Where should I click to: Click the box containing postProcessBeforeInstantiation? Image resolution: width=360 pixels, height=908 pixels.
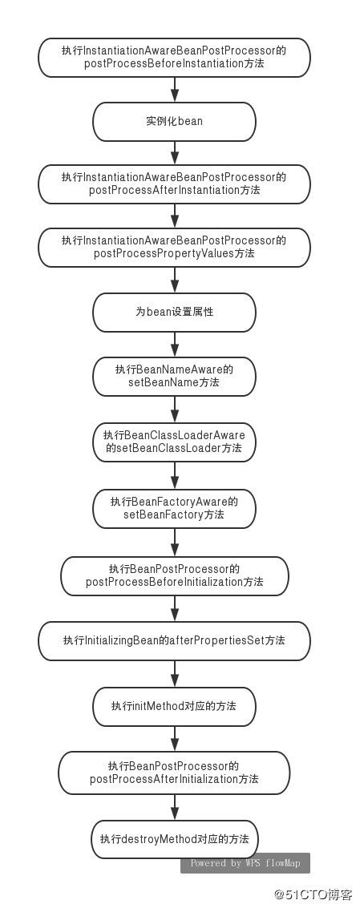[174, 58]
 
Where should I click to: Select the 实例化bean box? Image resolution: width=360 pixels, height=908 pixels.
[174, 122]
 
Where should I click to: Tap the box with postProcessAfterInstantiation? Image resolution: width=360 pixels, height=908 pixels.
[174, 184]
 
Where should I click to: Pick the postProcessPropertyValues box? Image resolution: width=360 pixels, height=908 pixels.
[174, 248]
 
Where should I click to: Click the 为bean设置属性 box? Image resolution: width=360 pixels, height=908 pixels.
[174, 312]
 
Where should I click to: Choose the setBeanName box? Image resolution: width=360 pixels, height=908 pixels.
[174, 376]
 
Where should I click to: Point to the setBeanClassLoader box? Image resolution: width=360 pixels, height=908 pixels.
[174, 442]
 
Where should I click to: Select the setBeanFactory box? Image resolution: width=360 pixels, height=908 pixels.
[174, 508]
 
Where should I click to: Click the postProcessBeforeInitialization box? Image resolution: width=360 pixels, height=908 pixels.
[174, 575]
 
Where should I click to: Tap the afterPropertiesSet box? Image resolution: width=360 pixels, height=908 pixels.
[174, 640]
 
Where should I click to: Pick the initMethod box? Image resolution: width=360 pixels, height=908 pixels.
[174, 707]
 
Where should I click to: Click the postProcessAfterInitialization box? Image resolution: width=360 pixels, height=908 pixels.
[174, 773]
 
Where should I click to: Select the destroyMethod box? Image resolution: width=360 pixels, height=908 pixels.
[174, 839]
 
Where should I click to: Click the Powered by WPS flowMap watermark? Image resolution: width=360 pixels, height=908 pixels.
[245, 863]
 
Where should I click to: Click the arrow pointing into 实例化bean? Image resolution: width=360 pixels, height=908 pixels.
[174, 90]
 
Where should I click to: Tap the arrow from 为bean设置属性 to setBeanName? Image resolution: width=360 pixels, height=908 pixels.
[174, 344]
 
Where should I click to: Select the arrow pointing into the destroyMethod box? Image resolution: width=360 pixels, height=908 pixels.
[174, 807]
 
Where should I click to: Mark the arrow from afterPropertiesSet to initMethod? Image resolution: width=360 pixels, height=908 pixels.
[174, 673]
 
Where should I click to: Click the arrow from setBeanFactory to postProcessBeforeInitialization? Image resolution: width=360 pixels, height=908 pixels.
[174, 542]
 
